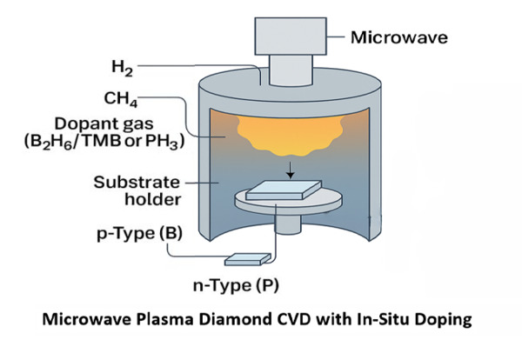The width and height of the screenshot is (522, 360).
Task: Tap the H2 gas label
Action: (123, 67)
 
